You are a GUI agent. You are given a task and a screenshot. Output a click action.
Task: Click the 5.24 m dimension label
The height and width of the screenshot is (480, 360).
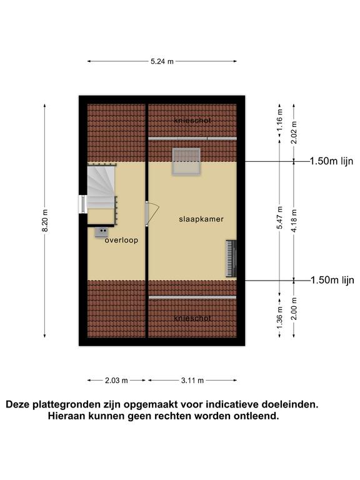(x=162, y=61)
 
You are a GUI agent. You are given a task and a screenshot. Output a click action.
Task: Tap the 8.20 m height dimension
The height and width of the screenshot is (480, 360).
(x=45, y=221)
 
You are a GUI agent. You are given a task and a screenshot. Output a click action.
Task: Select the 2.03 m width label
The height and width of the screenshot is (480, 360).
(x=116, y=381)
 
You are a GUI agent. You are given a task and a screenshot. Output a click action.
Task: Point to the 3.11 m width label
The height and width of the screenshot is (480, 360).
(x=192, y=381)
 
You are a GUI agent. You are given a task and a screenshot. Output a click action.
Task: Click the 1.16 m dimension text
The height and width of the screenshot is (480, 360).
(x=279, y=120)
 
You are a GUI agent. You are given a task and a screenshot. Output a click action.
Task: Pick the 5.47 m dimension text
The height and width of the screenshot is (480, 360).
(x=279, y=217)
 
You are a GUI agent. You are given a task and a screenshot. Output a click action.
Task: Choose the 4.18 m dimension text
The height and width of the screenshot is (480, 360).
(x=294, y=221)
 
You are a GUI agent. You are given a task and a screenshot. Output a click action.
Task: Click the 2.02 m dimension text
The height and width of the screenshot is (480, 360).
(x=294, y=132)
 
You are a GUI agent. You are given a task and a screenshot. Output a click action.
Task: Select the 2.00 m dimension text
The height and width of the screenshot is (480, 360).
(x=294, y=309)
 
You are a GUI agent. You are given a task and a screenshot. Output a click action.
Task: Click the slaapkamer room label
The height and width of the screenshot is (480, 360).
(x=201, y=219)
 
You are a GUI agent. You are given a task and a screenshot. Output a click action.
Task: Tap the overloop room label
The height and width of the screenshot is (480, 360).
(x=121, y=240)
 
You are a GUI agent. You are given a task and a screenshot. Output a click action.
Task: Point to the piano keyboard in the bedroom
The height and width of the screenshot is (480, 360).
(x=231, y=258)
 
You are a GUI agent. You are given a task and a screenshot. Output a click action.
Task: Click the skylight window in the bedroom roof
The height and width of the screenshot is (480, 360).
(x=186, y=161)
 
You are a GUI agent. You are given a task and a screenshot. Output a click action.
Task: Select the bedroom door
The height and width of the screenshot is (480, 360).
(x=152, y=214)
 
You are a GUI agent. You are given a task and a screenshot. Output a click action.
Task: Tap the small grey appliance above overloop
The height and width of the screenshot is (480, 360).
(x=101, y=232)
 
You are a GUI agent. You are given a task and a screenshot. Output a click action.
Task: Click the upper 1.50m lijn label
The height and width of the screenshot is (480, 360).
(x=331, y=161)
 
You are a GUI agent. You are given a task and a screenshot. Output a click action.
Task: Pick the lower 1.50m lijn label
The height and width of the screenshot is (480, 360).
(x=332, y=280)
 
